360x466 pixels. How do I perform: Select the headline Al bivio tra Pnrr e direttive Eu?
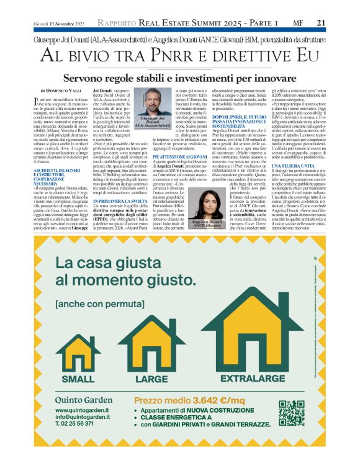(x=179, y=56)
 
